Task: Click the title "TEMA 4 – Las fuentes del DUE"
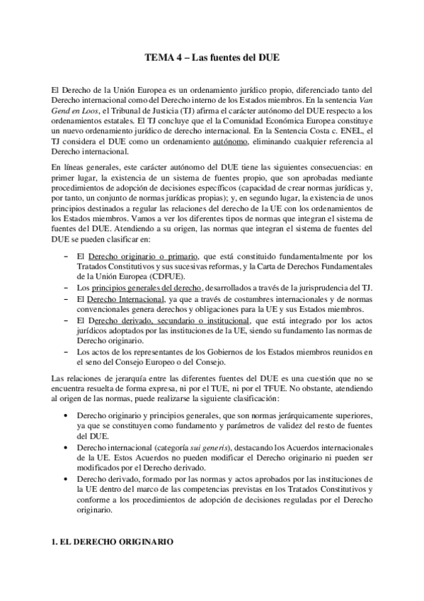(212, 59)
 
